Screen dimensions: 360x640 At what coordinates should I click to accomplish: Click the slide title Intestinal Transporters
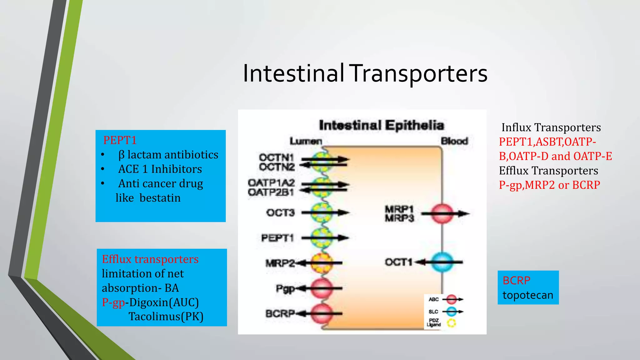click(x=365, y=73)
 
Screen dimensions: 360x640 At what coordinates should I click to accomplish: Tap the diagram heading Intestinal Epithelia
click(x=381, y=125)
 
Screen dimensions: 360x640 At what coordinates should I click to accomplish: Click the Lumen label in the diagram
click(x=306, y=141)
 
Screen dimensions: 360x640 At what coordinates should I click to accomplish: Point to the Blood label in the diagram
click(x=454, y=141)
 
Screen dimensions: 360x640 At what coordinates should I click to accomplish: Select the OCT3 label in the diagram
click(x=280, y=213)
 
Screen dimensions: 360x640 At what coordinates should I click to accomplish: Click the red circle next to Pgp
click(x=322, y=288)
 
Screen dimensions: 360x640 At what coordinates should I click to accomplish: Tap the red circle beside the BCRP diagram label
click(x=322, y=313)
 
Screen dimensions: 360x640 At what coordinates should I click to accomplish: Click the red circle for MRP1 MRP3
click(x=442, y=214)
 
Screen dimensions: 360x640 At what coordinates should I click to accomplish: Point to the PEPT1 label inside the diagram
click(x=277, y=238)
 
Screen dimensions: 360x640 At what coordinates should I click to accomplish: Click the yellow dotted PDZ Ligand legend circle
click(x=451, y=323)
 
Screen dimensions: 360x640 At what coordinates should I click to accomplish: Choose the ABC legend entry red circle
click(x=451, y=299)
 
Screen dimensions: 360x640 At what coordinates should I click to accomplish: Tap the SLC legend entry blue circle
click(x=451, y=312)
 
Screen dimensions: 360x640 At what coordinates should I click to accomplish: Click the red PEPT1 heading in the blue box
click(x=120, y=140)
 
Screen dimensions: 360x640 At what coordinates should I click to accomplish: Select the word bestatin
click(x=160, y=198)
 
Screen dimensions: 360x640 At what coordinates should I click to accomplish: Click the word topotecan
click(x=528, y=295)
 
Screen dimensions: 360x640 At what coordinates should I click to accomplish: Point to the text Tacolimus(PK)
click(x=166, y=317)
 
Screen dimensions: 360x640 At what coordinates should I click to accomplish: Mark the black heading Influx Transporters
click(x=551, y=127)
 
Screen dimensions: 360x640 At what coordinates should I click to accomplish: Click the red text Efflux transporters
click(x=150, y=259)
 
